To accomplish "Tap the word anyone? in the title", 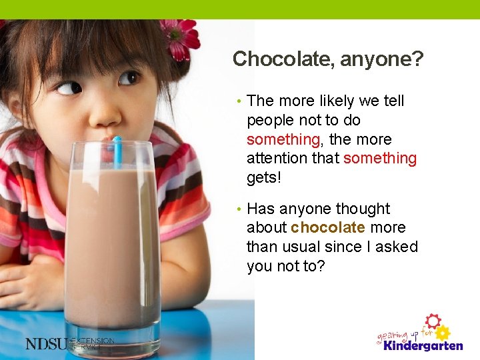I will (x=381, y=60).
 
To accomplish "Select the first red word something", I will (x=283, y=140).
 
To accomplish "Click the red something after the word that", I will (x=379, y=159).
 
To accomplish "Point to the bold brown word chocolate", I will (x=327, y=227).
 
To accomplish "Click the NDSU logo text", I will (x=47, y=343).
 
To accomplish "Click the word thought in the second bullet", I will (x=365, y=209).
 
